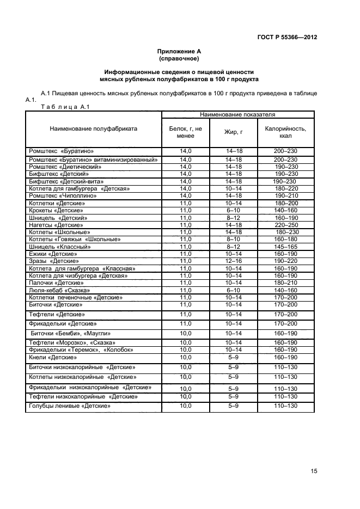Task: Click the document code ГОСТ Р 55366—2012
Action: click(x=287, y=38)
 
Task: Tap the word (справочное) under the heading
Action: click(x=179, y=58)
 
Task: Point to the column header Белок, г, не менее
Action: click(x=186, y=132)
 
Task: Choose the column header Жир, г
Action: click(x=233, y=132)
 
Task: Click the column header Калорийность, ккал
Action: click(x=285, y=132)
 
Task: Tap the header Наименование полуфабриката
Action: click(x=93, y=129)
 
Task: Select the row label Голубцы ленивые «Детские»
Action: click(x=69, y=406)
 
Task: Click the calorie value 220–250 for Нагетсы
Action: click(x=285, y=225)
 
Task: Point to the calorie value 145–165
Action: click(x=285, y=247)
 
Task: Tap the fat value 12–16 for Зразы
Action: click(x=233, y=261)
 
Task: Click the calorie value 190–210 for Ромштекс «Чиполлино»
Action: click(x=286, y=195)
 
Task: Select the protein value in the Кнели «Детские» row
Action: click(x=186, y=357)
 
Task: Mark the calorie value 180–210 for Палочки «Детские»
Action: click(x=285, y=283)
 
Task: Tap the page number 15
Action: click(x=314, y=471)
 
